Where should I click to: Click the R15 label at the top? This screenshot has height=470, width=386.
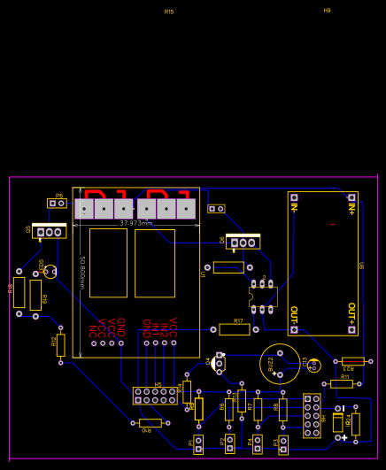[169, 12]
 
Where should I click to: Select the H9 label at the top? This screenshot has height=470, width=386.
[327, 11]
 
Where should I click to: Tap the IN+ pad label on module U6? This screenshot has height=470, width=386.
[351, 209]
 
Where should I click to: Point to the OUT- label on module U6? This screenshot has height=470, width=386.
[294, 316]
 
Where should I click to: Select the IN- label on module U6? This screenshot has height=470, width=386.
[294, 209]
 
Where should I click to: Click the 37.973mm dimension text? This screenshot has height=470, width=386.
[136, 223]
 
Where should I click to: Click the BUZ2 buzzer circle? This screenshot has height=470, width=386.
[279, 364]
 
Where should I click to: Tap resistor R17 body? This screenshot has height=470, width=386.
[235, 329]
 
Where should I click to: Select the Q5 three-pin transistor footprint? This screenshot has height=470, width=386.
[49, 231]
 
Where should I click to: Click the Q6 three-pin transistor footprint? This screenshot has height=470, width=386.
[243, 242]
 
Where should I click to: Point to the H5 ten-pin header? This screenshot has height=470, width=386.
[155, 396]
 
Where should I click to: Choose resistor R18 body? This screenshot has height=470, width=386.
[19, 292]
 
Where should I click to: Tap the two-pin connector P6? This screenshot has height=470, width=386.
[57, 203]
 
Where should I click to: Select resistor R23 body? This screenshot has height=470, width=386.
[352, 361]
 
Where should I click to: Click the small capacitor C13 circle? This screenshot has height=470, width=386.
[314, 365]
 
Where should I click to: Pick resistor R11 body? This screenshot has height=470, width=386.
[341, 384]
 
